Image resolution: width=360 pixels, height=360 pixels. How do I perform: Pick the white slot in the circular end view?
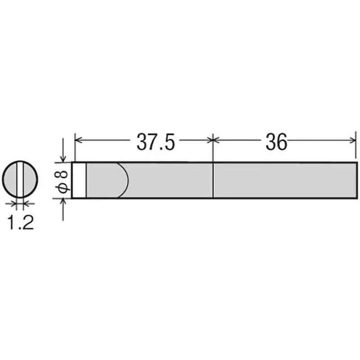(x=20, y=180)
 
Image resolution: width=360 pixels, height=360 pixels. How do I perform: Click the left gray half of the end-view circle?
(x=10, y=180)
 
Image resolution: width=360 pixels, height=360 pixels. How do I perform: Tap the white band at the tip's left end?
(x=79, y=180)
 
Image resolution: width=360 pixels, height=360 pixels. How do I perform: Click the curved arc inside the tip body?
(x=126, y=180)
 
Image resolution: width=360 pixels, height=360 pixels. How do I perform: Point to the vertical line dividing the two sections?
(x=212, y=180)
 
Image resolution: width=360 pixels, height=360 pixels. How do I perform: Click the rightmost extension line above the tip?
(x=357, y=146)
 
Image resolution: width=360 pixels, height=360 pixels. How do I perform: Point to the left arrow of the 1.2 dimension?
(x=14, y=204)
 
